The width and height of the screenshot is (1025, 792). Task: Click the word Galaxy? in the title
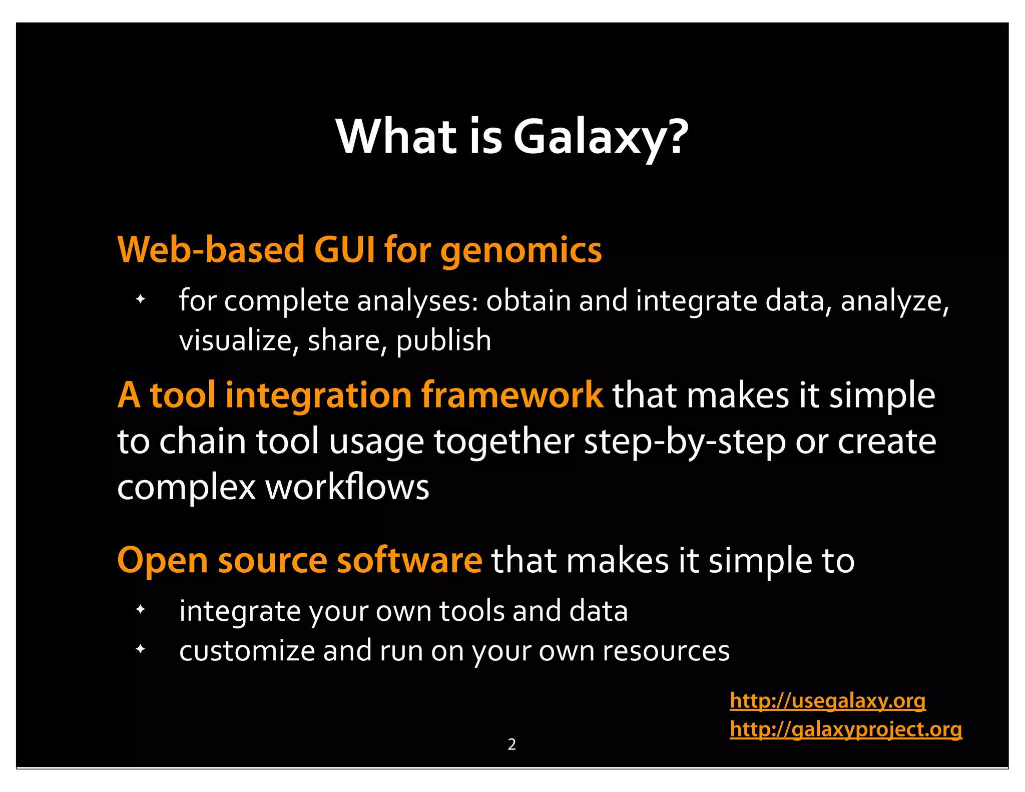(601, 138)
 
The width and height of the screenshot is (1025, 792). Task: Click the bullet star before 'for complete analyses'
(141, 300)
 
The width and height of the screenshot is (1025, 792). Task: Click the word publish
(443, 342)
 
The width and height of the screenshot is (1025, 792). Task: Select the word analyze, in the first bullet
(894, 302)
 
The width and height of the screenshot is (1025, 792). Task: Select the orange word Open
(162, 561)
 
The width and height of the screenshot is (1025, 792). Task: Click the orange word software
(409, 560)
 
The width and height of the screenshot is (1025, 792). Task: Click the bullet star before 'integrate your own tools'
(141, 610)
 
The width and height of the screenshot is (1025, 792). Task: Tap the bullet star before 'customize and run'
(141, 649)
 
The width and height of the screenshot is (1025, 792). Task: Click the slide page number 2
(511, 744)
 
